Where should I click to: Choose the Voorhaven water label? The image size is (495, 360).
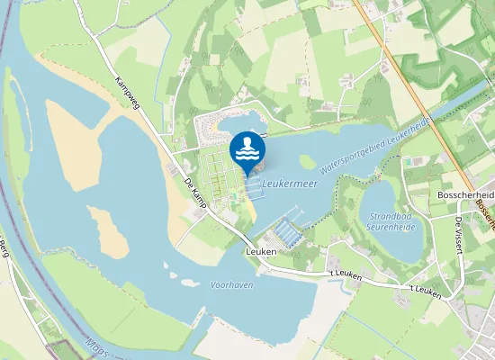click(230, 283)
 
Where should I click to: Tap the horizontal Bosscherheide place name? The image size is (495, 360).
click(464, 194)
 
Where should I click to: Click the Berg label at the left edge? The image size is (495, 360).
click(4, 244)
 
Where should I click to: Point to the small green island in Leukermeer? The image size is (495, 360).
click(307, 162)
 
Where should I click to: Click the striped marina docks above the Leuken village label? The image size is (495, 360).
click(288, 232)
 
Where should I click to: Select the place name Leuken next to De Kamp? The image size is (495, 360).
click(260, 252)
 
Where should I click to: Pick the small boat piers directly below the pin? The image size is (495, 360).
click(253, 190)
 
